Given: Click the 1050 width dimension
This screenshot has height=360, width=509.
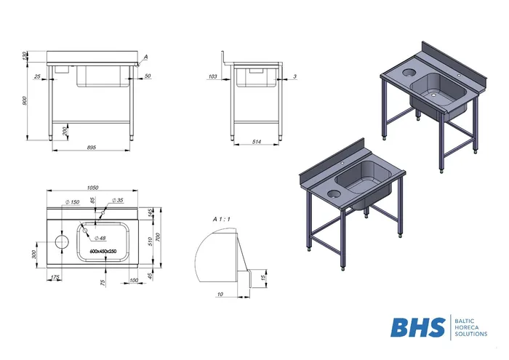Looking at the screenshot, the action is click(92, 188).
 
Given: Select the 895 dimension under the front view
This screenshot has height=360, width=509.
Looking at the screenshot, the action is click(92, 148).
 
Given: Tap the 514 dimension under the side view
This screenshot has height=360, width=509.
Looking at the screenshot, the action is click(257, 142).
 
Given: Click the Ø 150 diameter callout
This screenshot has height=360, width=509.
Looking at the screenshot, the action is click(72, 202).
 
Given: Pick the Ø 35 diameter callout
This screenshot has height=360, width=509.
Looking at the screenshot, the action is click(118, 200).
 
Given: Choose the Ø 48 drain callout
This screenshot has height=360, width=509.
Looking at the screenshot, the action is click(100, 238).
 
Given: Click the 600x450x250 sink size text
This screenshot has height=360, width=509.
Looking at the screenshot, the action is click(103, 251).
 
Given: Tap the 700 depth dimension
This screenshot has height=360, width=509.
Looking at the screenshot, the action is click(158, 237).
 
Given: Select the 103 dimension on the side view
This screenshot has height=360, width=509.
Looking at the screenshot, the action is click(212, 76).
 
